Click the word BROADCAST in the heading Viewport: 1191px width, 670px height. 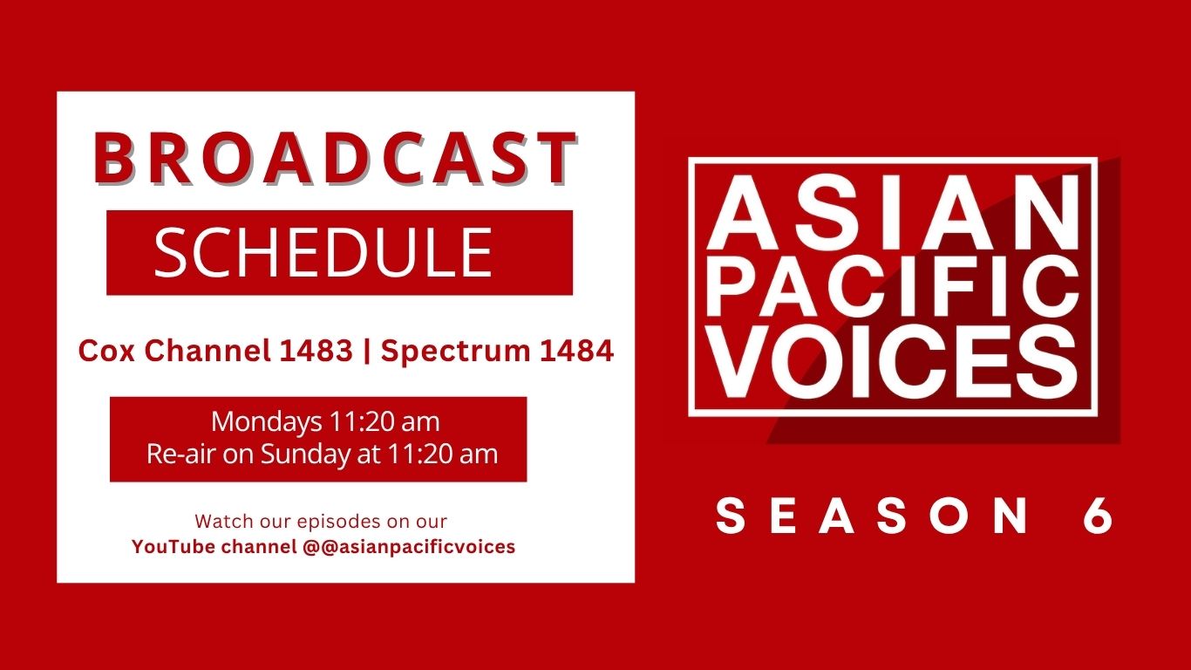tap(335, 158)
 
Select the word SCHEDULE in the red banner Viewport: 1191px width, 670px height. tap(323, 252)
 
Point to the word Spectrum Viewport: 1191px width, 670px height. tap(455, 352)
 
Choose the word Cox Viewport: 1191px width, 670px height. tap(106, 351)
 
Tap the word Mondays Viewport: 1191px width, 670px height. tap(267, 422)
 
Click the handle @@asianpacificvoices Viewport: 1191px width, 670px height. tap(409, 547)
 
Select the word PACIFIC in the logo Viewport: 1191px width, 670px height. tap(893, 286)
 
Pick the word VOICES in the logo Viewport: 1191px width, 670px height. tap(893, 361)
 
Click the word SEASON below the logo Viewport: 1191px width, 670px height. tap(872, 516)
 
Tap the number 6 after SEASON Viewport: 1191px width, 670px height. tap(1098, 516)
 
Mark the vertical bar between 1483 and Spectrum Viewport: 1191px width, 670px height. tap(367, 352)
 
